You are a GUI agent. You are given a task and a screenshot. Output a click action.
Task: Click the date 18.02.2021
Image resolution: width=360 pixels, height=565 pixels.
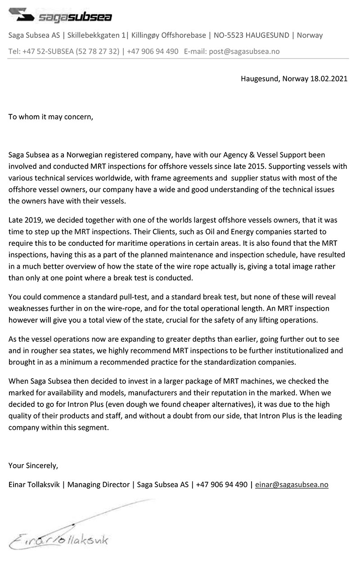click(x=329, y=78)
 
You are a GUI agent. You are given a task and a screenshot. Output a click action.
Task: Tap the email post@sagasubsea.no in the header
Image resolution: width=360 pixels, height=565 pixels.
click(x=243, y=51)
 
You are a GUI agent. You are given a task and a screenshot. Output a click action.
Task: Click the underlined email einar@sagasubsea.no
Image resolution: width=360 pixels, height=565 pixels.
click(x=292, y=484)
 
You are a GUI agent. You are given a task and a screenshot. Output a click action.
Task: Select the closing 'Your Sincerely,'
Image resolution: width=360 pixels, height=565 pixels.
click(x=33, y=465)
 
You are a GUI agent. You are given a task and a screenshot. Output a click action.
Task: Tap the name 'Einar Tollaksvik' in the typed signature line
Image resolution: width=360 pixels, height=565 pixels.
click(x=34, y=484)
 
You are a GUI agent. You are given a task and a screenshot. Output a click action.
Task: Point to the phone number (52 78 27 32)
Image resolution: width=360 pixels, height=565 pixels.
click(x=98, y=51)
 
